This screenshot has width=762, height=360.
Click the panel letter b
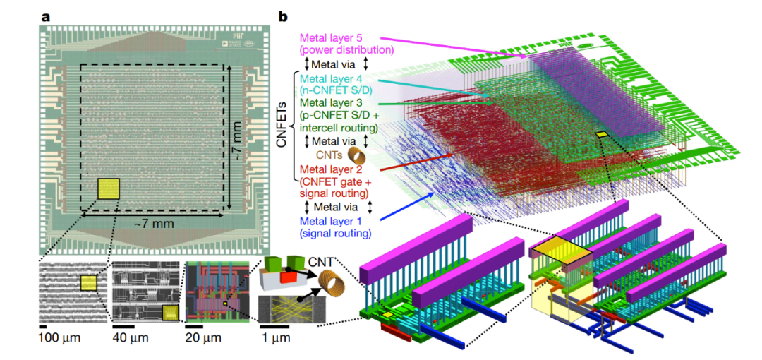pyautogui.click(x=284, y=16)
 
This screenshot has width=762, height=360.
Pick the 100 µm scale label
pyautogui.click(x=60, y=337)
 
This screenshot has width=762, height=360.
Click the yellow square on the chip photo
pyautogui.click(x=109, y=190)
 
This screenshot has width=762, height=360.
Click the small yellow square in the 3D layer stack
pyautogui.click(x=602, y=134)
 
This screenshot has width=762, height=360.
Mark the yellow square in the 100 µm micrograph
pyautogui.click(x=88, y=282)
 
